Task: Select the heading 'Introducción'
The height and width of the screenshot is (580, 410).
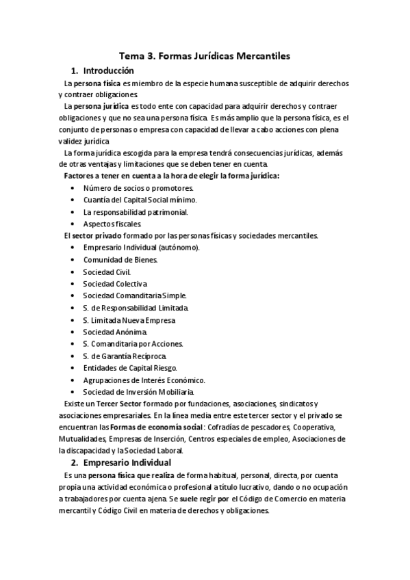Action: pyautogui.click(x=108, y=70)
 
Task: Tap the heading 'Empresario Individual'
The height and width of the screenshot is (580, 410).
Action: pyautogui.click(x=127, y=462)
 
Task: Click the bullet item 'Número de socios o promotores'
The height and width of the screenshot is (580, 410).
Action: pyautogui.click(x=138, y=187)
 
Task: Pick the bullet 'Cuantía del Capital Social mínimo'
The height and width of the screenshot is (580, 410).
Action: pyautogui.click(x=140, y=199)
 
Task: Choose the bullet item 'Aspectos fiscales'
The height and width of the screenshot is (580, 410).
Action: pyautogui.click(x=112, y=224)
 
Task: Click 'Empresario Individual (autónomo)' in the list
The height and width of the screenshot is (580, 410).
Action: pyautogui.click(x=142, y=248)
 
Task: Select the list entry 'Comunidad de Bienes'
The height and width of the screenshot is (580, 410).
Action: pyautogui.click(x=120, y=260)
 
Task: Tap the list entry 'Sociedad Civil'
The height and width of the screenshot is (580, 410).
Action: pyautogui.click(x=107, y=272)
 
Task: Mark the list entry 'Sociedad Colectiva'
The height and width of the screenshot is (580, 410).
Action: pyautogui.click(x=115, y=284)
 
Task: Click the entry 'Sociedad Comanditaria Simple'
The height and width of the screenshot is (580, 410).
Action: pyautogui.click(x=134, y=295)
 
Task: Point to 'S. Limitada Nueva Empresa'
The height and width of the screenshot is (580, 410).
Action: pyautogui.click(x=129, y=319)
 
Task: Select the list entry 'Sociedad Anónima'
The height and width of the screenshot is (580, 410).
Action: pyautogui.click(x=115, y=332)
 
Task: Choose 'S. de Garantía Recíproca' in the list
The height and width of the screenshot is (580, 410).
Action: pyautogui.click(x=124, y=356)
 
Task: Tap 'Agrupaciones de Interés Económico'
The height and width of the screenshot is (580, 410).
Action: pyautogui.click(x=144, y=380)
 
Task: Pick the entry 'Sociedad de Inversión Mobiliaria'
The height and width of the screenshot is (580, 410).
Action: pyautogui.click(x=139, y=392)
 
